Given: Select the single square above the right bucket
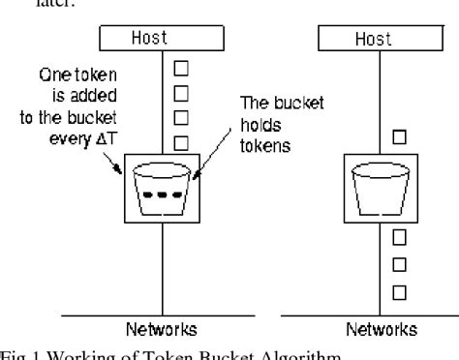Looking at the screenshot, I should coord(397,137).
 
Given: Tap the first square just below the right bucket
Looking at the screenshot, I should coord(397,237).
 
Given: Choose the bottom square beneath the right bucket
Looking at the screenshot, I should coord(397,290).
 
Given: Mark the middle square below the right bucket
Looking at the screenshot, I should coord(397,263).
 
